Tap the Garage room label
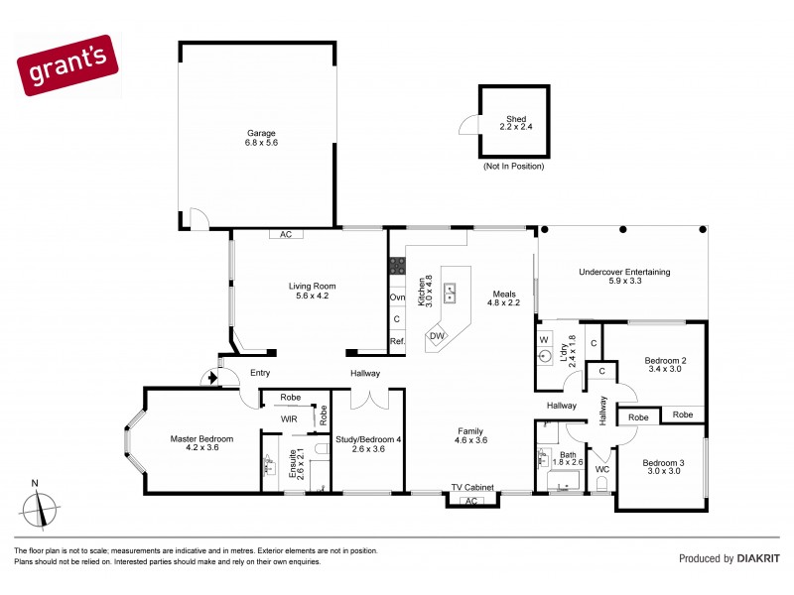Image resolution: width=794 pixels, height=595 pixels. point(261,138)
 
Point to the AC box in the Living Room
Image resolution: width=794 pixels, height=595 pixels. point(286,235)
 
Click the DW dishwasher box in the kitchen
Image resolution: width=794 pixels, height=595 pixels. point(437,336)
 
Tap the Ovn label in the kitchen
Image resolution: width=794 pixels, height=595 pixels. point(397,297)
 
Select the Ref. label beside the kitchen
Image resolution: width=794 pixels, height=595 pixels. point(397,341)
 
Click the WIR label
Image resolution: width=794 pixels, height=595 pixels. point(289,419)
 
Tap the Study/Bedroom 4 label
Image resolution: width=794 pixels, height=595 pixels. point(369,443)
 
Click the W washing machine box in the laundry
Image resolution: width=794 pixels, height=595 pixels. point(544,340)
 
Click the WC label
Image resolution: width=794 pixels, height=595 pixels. point(601,469)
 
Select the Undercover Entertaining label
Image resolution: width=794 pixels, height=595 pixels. point(624,277)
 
